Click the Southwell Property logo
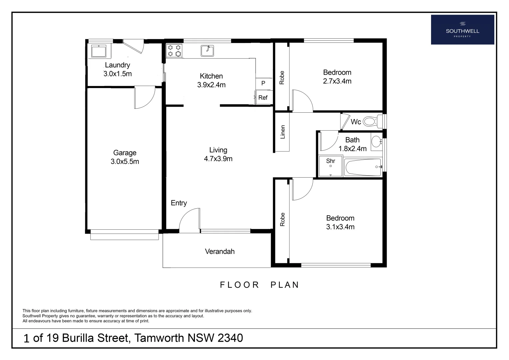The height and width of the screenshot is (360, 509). click(462, 30)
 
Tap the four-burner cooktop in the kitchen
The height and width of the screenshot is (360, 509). click(175, 51)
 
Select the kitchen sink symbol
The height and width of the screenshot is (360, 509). click(207, 51)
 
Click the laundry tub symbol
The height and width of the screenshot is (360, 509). click(99, 51)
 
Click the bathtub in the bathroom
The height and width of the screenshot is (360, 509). click(363, 167)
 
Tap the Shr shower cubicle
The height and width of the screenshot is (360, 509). click(330, 166)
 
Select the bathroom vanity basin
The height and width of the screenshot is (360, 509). click(376, 141)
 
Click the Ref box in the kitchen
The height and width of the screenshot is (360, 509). click(263, 98)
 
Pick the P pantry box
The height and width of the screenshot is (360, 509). click(263, 83)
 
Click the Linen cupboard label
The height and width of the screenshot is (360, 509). click(283, 132)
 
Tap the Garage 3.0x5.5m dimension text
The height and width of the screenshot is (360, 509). click(125, 162)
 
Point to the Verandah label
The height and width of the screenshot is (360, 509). click(220, 251)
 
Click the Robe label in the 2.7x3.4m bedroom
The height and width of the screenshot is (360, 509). click(282, 77)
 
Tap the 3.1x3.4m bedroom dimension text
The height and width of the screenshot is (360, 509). click(340, 227)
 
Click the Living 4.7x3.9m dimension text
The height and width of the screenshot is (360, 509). click(218, 159)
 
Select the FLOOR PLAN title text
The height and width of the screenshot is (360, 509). click(259, 285)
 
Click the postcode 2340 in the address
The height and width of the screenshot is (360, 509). click(230, 338)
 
